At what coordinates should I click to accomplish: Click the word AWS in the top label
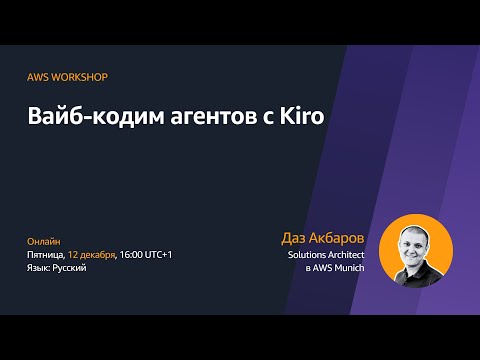pyautogui.click(x=37, y=77)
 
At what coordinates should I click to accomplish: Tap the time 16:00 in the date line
pyautogui.click(x=132, y=254)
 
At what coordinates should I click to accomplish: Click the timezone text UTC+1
pyautogui.click(x=159, y=254)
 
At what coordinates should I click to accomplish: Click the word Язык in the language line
pyautogui.click(x=38, y=268)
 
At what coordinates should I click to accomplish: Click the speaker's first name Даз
pyautogui.click(x=297, y=239)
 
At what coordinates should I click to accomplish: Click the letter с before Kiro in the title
pyautogui.click(x=265, y=119)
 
